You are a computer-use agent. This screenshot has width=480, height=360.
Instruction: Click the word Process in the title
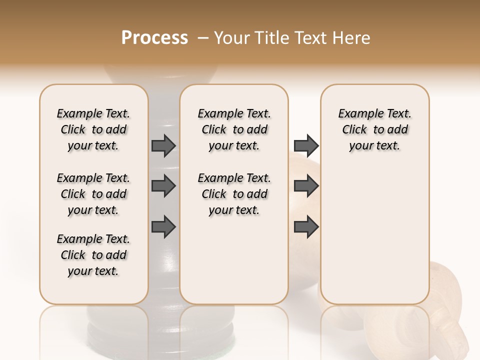154,38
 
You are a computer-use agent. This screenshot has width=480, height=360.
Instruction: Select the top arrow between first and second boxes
163,145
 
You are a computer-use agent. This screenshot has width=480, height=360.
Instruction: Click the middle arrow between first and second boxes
163,186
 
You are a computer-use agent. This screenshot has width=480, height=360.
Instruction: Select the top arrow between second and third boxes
306,145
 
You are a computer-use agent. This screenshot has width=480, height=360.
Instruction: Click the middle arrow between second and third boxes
306,186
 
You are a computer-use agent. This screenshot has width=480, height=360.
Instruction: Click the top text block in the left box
93,129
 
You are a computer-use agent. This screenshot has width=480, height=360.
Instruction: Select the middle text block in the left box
93,194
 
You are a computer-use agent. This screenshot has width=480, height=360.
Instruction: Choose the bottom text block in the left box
93,255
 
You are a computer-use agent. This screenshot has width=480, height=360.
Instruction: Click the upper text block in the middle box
234,129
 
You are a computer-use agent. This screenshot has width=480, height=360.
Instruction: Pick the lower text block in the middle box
234,194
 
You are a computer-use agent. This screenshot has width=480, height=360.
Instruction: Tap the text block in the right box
374,129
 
